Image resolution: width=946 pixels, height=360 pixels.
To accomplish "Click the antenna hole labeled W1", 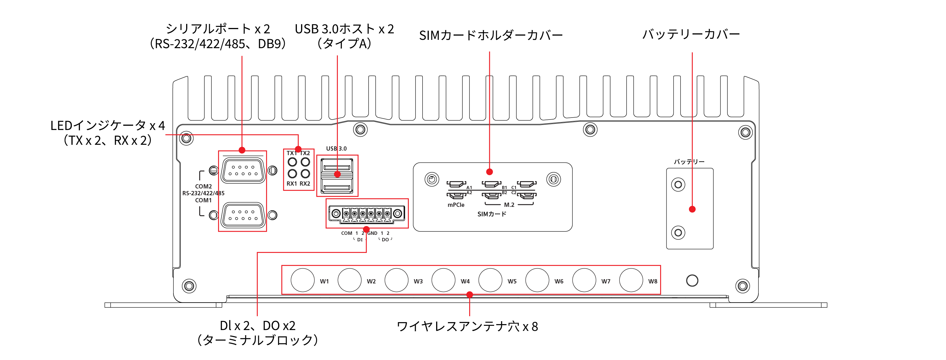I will [302, 280].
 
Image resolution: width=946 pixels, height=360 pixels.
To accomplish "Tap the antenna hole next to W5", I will [490, 280].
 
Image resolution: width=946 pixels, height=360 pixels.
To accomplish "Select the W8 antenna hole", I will [631, 280].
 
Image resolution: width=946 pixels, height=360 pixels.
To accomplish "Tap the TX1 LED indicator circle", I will [292, 162].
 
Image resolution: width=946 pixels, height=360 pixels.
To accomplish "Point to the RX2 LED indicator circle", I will [305, 174].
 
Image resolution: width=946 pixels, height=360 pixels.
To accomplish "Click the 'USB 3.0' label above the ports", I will [336, 148].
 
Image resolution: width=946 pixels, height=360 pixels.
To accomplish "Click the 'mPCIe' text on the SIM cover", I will [456, 205].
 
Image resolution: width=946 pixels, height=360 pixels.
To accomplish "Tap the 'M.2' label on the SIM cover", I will [509, 205].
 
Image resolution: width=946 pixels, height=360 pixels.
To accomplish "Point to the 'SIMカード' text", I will [492, 214].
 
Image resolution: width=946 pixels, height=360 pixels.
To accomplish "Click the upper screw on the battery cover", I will [678, 185].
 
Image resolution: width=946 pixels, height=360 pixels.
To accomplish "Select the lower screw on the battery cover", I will [678, 233].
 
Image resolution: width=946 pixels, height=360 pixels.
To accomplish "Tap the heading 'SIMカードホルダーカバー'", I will [491, 35].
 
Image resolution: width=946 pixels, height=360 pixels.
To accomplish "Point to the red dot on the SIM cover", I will [490, 172].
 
